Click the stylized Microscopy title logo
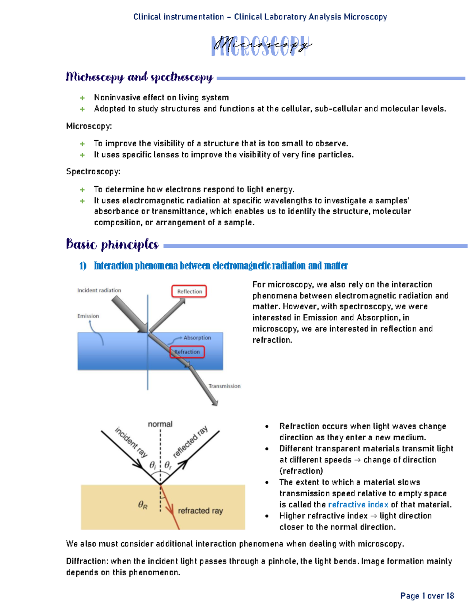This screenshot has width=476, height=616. pos(261,46)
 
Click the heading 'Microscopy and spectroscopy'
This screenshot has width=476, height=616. pos(139,77)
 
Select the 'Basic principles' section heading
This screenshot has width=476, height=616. pos(112,244)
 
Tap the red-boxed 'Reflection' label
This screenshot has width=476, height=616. pos(189,292)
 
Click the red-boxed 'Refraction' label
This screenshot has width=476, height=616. pos(187,352)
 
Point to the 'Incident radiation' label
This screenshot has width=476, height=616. pos(99,290)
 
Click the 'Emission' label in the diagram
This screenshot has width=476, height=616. pos(88,316)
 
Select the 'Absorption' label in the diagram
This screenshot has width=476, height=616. pos(197,338)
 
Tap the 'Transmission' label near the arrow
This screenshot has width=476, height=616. pos(225,386)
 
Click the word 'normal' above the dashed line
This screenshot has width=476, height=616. pos(160,424)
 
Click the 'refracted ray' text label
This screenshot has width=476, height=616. pos(200,511)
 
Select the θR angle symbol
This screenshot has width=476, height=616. pos(143,505)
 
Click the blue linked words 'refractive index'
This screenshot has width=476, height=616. pos(358,505)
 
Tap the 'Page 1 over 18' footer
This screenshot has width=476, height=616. pos(427,596)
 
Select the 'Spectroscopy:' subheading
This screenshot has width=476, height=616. pos(93,172)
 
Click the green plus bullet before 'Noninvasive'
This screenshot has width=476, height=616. pos(82,98)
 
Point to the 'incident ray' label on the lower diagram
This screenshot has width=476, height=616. pos(131,442)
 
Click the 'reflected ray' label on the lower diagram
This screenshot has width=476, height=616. pos(190,442)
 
